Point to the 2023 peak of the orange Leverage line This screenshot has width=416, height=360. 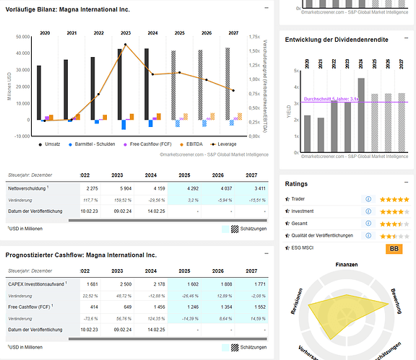pos(125,45)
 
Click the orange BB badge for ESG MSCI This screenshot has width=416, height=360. pos(395,248)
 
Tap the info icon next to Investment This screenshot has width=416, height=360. pos(369,211)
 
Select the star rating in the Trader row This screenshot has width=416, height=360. pos(394,199)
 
